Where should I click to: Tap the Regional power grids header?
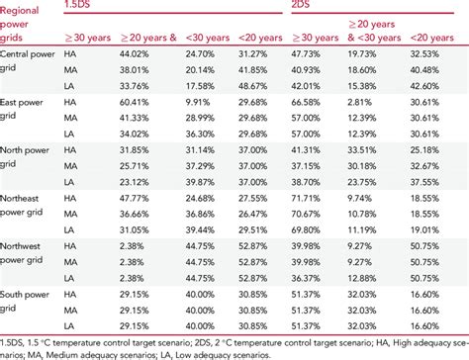point(23,30)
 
